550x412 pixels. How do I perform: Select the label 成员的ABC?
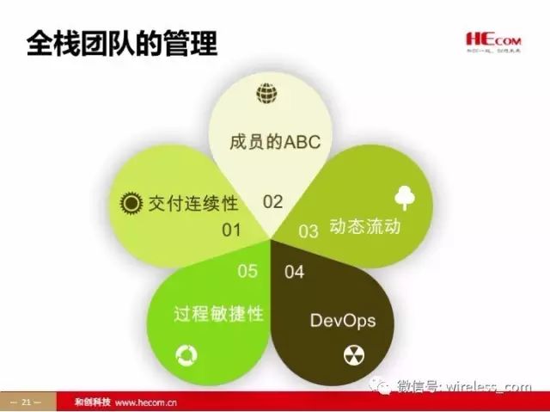[274, 141]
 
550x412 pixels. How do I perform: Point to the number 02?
[272, 202]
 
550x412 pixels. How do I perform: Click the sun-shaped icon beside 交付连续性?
[131, 203]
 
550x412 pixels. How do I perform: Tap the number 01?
[231, 230]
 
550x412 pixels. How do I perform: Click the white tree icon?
[404, 198]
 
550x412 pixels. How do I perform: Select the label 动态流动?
[365, 229]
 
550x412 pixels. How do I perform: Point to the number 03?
[308, 231]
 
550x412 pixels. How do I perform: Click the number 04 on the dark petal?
[294, 273]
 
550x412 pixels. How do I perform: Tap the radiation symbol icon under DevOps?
[354, 354]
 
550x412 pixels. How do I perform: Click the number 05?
[247, 272]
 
